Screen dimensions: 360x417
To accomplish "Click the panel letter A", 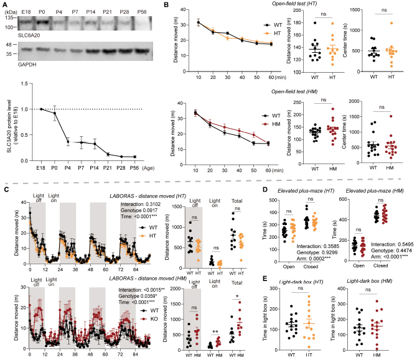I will tap(4, 4).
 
